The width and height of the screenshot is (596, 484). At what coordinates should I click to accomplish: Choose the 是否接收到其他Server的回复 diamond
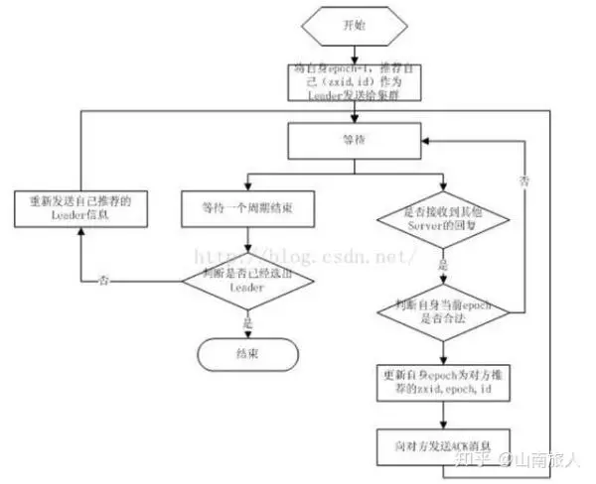pyautogui.click(x=443, y=220)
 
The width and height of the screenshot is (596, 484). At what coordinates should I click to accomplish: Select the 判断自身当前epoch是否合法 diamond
pyautogui.click(x=443, y=312)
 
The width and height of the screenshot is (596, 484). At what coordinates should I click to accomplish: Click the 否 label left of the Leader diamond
pyautogui.click(x=105, y=281)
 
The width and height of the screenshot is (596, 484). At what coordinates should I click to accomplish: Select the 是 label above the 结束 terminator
pyautogui.click(x=248, y=322)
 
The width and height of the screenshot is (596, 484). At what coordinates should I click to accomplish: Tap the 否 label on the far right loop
pyautogui.click(x=522, y=181)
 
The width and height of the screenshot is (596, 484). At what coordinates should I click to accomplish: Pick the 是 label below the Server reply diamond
pyautogui.click(x=443, y=266)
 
